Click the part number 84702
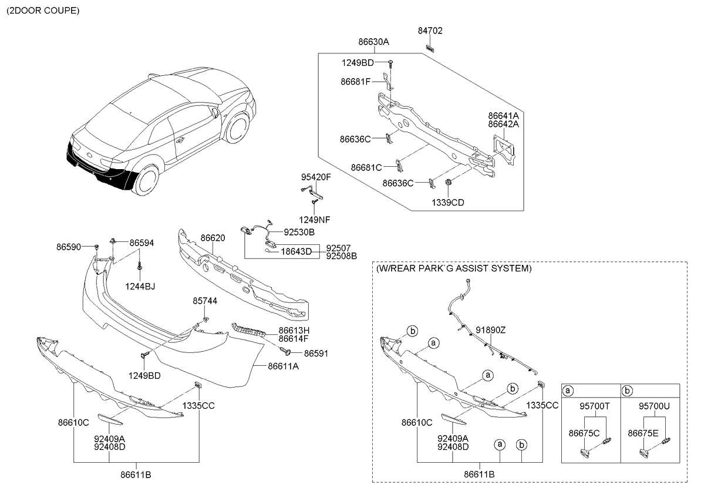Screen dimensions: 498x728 pos(430,31)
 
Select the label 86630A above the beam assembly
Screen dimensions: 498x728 pos(373,42)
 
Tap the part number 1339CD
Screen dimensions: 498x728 pos(449,203)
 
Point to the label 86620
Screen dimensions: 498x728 pos(213,238)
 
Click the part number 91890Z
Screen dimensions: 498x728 pos(490,330)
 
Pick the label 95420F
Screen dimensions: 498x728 pos(316,177)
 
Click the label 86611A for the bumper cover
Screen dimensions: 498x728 pos(283,365)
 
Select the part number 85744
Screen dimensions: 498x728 pos(205,301)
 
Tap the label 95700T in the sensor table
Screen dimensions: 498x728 pos(595,406)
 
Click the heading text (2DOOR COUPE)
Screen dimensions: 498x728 pos(42,11)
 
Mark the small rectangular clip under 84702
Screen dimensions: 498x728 pos(430,46)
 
